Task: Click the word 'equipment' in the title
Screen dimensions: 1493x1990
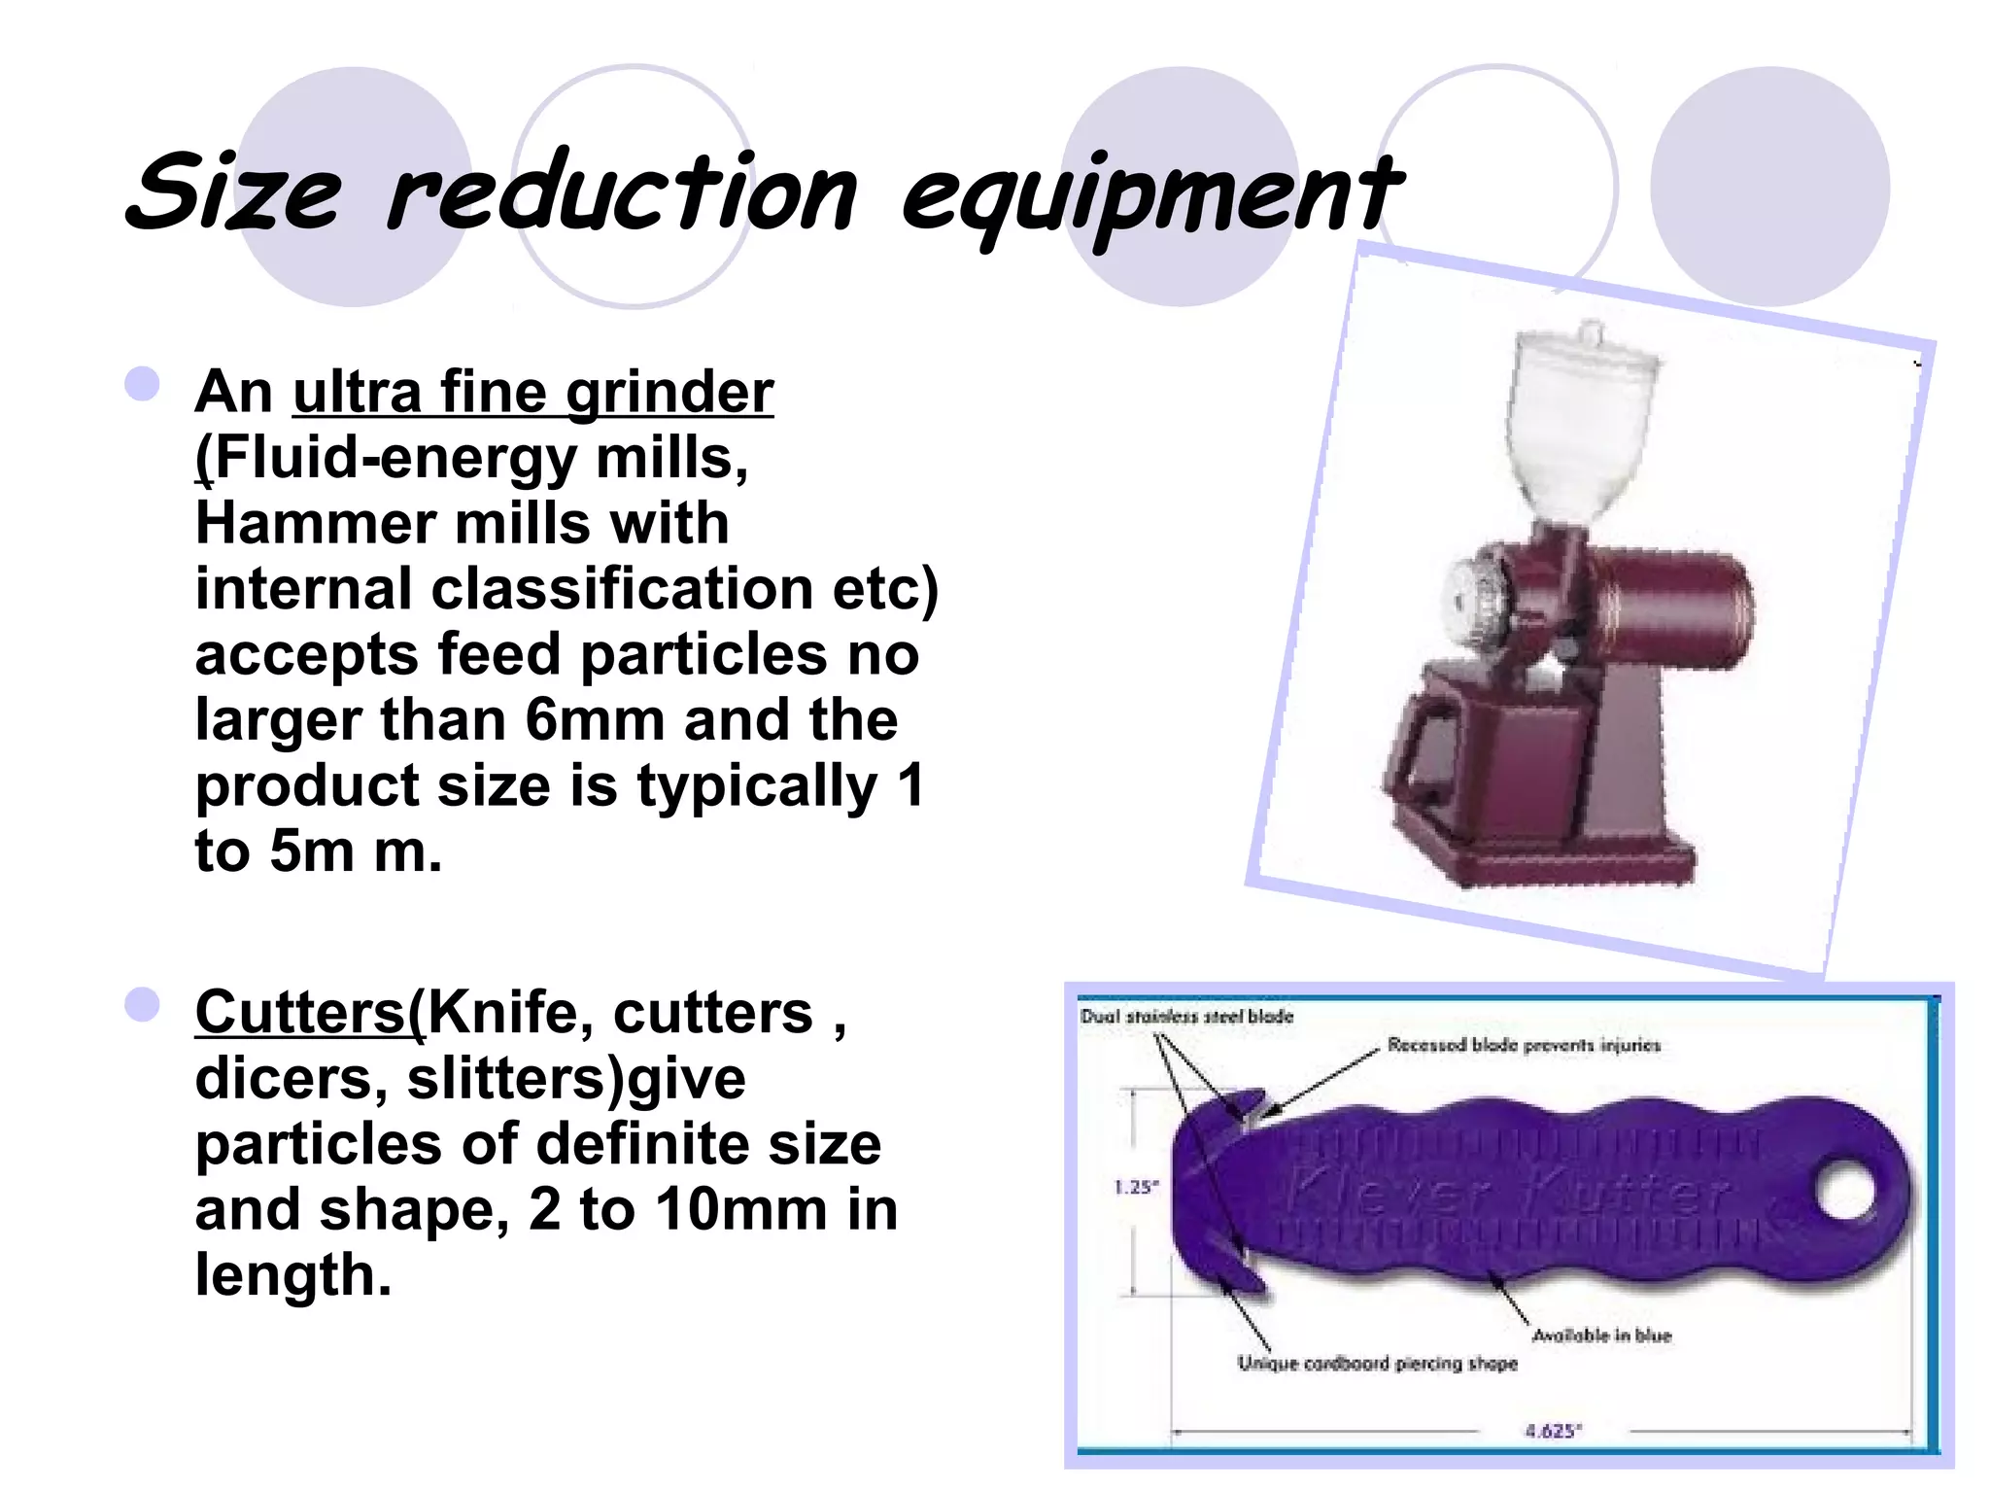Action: [1151, 194]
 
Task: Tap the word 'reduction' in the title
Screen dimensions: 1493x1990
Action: [622, 194]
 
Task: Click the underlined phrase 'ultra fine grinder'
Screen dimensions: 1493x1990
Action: [532, 392]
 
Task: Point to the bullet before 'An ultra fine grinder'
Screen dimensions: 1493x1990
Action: [143, 383]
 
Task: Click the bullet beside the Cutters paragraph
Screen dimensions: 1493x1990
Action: [143, 1004]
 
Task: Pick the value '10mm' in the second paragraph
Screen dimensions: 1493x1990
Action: [740, 1210]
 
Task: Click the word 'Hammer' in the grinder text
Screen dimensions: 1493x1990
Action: [316, 523]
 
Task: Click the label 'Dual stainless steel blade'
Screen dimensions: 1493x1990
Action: [1186, 1017]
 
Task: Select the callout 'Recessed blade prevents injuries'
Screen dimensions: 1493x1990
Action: [1524, 1046]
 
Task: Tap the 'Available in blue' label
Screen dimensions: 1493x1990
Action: [1601, 1336]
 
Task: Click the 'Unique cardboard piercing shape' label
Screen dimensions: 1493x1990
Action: [1377, 1364]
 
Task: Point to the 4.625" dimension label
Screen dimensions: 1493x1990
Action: [1553, 1431]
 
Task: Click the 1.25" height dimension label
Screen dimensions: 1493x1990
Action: [1135, 1187]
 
